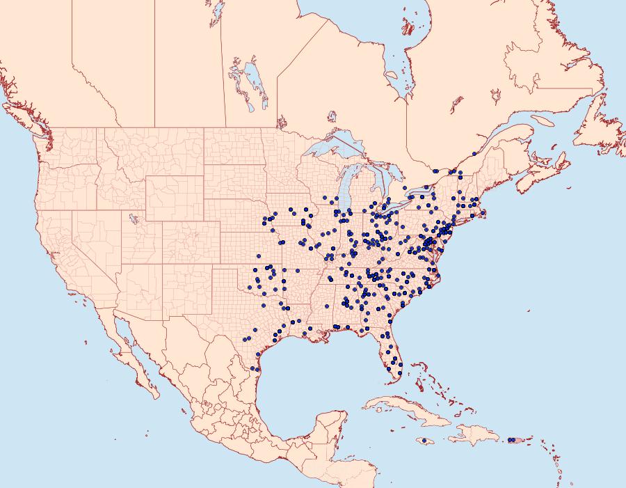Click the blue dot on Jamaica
424,441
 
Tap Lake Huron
380,182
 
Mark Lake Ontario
424,190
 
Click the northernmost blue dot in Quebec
474,154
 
